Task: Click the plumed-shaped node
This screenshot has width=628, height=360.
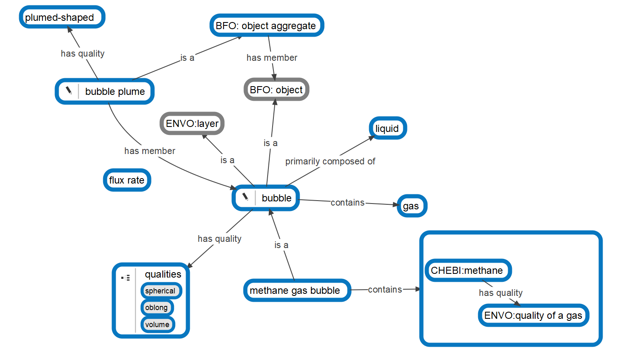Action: pos(62,17)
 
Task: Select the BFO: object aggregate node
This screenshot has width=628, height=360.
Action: pos(266,26)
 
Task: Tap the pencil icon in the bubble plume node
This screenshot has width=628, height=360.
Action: pos(69,91)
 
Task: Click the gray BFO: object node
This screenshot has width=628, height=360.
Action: pos(276,90)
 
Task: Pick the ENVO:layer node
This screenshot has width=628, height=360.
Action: pos(192,124)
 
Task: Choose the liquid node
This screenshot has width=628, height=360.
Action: pos(387,129)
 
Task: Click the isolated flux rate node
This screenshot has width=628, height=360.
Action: pos(127,180)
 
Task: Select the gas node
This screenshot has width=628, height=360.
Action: pos(411,206)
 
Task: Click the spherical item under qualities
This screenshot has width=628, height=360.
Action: pos(161,291)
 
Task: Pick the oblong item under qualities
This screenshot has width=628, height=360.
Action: pos(157,308)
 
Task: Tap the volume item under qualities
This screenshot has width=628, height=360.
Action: pos(157,325)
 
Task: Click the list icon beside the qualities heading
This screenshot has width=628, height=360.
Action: pos(126,277)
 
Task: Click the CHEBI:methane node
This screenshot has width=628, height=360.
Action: pos(467,271)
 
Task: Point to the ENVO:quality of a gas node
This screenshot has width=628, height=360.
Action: pos(533,315)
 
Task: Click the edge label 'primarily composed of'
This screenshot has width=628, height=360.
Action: pos(330,161)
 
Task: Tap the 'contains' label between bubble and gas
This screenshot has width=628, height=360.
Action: pos(348,203)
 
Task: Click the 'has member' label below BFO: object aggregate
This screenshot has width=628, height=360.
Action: pos(272,58)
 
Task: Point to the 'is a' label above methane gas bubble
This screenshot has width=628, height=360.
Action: pos(281,245)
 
